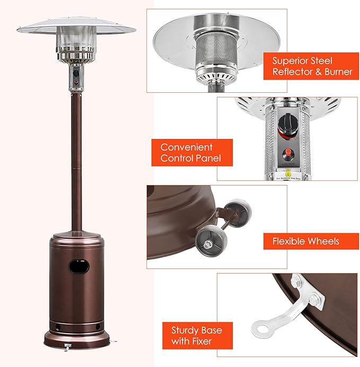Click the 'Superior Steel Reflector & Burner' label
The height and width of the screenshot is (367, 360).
(311, 66)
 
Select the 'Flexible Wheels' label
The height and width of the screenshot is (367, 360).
(306, 241)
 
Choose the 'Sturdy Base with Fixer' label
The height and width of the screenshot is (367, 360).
(189, 336)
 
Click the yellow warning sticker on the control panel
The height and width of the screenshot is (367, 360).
(289, 173)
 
